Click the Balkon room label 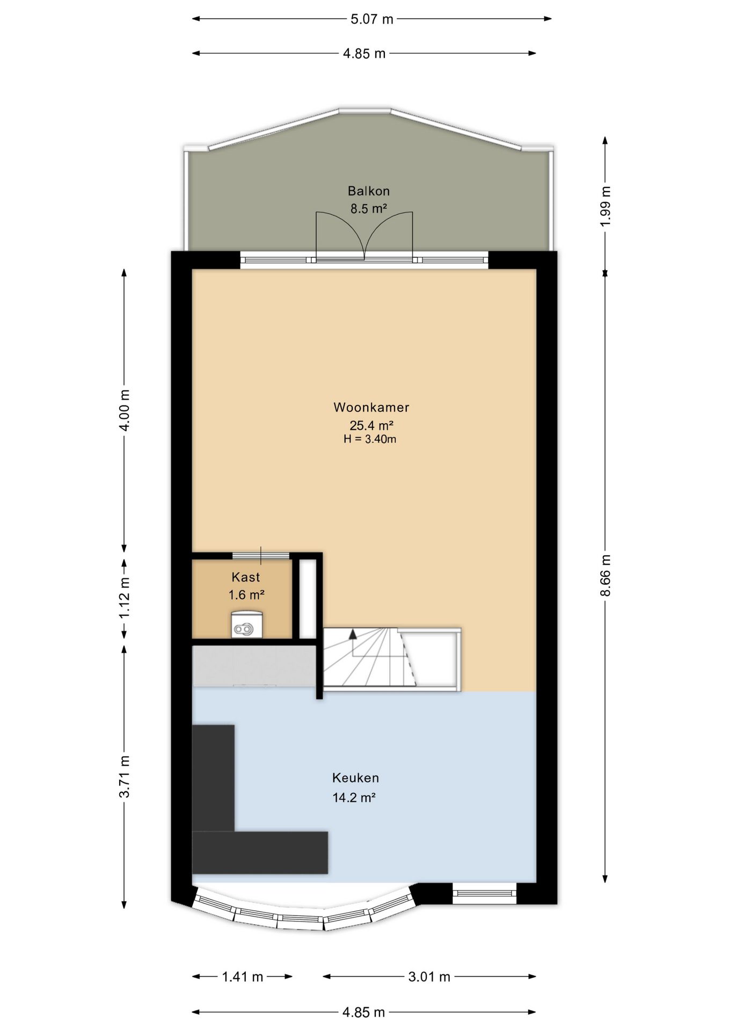tap(368, 191)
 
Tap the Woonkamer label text tap(371, 407)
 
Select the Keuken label tap(355, 778)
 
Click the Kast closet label tap(246, 577)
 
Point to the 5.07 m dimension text tap(371, 19)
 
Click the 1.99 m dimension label tap(606, 206)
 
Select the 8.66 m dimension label tap(606, 576)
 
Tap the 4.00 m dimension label tap(124, 410)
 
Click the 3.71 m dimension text tap(124, 777)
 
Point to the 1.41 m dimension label tap(243, 977)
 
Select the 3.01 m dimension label tap(429, 977)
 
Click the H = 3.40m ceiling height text tap(370, 439)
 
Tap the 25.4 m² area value tap(371, 425)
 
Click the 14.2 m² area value tap(354, 797)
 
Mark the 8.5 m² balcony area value tap(369, 209)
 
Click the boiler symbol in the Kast tap(247, 624)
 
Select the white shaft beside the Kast tap(308, 599)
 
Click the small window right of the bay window tap(485, 894)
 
